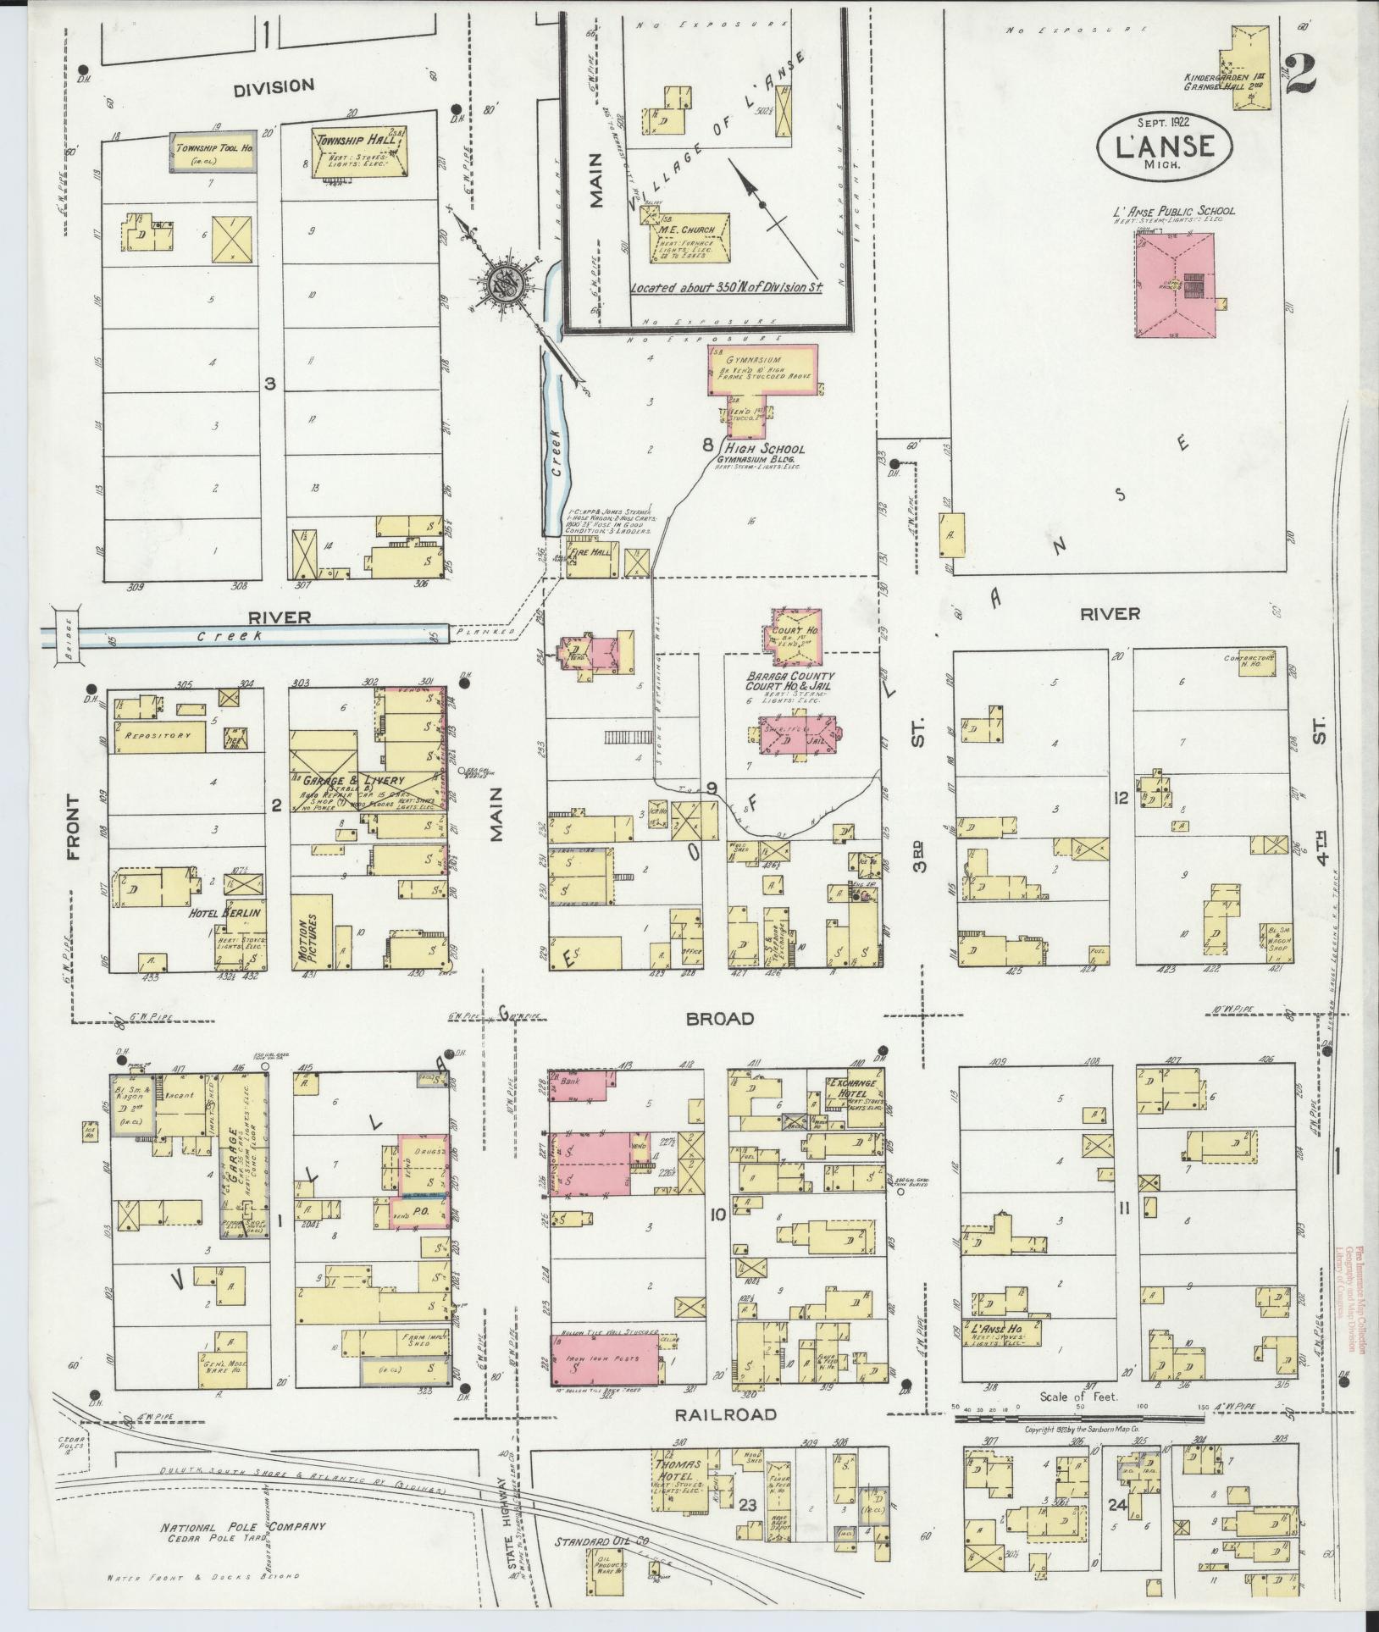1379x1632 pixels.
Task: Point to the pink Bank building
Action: click(584, 1086)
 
